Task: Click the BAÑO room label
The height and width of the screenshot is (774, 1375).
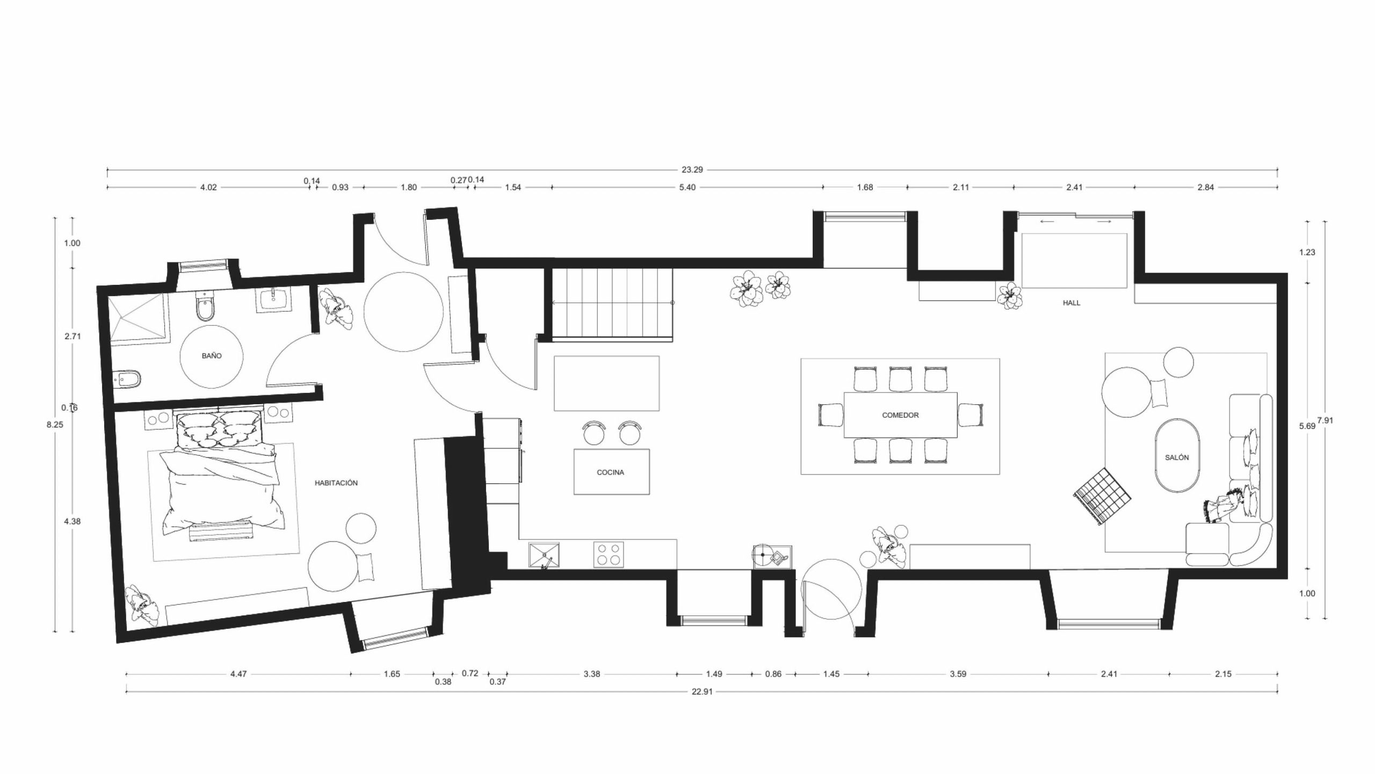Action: pos(212,356)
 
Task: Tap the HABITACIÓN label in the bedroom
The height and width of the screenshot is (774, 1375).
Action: pos(336,483)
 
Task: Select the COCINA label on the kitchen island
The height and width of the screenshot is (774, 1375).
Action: pos(611,472)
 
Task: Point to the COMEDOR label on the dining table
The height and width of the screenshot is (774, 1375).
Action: pos(901,415)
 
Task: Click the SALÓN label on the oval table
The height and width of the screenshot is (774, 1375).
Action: pos(1177,457)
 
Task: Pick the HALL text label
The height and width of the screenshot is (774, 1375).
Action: pos(1072,303)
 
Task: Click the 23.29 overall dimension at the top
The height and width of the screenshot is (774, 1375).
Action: pos(692,170)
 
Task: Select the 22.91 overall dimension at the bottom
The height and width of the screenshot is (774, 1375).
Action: pos(702,692)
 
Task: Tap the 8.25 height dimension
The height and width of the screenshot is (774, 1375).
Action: pos(55,424)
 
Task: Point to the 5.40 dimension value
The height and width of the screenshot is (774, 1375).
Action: pos(687,188)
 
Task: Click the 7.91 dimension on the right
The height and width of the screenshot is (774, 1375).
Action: pos(1325,421)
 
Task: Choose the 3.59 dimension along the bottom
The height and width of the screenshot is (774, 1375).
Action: pos(958,674)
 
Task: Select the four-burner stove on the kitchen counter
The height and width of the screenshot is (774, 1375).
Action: pos(609,555)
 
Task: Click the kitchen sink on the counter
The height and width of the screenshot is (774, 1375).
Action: pos(545,555)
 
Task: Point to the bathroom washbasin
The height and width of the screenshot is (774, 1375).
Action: pos(274,299)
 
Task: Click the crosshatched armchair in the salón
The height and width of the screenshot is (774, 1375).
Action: pos(1102,496)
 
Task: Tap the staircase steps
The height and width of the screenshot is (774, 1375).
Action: pos(613,304)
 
